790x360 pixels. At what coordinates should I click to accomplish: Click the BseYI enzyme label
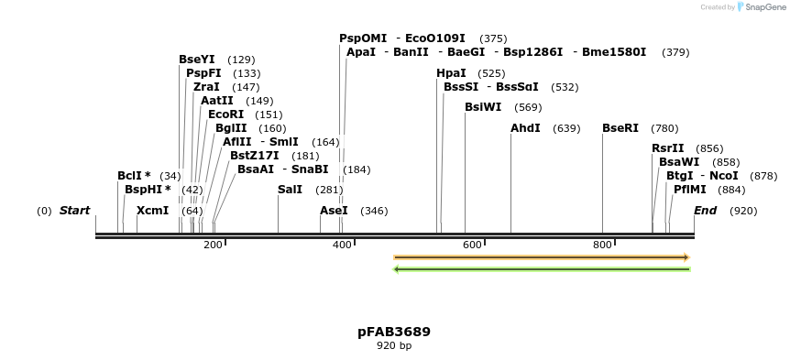(197, 60)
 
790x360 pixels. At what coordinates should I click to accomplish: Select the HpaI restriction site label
(451, 73)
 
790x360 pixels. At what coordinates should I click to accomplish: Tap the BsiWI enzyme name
(483, 107)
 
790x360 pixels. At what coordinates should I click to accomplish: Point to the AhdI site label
(525, 128)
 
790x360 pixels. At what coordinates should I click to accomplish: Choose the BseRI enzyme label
(620, 128)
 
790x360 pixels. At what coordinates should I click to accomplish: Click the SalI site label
(290, 190)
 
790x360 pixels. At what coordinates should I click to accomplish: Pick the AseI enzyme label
(334, 211)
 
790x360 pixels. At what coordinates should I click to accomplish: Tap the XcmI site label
(152, 211)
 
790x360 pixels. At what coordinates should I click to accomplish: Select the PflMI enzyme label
(690, 190)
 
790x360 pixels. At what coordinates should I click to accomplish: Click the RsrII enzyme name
(668, 148)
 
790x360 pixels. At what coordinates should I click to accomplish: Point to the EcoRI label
(226, 115)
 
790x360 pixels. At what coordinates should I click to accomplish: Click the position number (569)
(528, 107)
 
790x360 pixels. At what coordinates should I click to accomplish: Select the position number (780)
(664, 128)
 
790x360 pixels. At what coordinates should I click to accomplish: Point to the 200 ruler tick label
(213, 245)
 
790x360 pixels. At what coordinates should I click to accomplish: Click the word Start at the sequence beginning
(74, 211)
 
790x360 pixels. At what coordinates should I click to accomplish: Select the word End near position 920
(705, 211)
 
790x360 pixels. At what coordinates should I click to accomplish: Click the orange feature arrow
(541, 257)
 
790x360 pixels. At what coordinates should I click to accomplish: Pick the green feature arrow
(541, 269)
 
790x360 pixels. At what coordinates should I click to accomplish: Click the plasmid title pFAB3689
(394, 332)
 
